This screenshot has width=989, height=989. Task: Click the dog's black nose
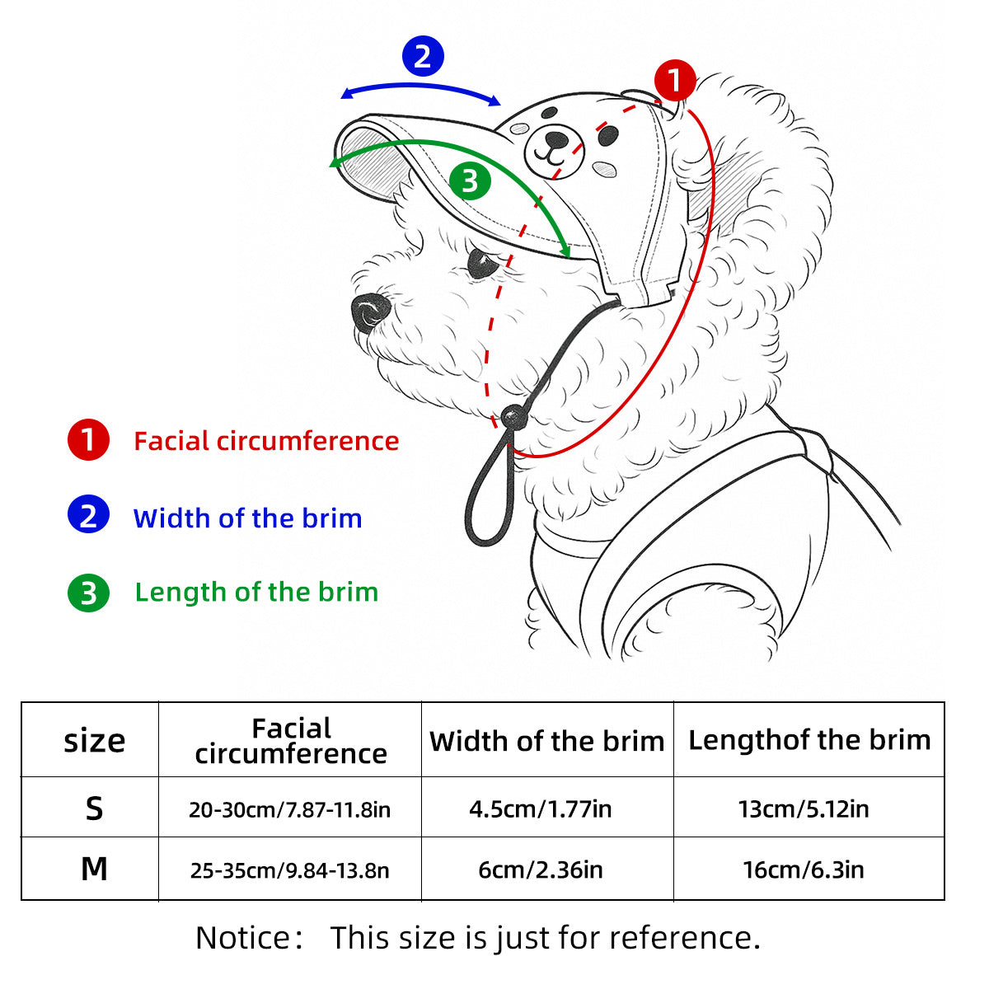[370, 312]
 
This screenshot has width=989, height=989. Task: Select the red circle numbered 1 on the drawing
[675, 81]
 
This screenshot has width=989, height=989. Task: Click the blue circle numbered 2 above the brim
[422, 56]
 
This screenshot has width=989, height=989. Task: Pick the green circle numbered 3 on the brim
[470, 180]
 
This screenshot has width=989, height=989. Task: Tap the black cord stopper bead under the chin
[514, 418]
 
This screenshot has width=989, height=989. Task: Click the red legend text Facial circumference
[266, 441]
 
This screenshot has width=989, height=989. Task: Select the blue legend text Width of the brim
[247, 518]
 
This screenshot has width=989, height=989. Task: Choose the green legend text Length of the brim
[256, 592]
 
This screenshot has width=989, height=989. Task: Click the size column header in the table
[94, 741]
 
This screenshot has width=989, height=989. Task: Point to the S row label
[94, 809]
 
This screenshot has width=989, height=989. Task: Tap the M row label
[94, 869]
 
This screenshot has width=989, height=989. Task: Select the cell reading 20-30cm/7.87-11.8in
[289, 809]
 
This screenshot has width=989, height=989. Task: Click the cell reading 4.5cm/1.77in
[541, 809]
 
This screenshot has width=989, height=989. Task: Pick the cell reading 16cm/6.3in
[804, 869]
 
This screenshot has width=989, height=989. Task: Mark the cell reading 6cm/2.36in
[541, 869]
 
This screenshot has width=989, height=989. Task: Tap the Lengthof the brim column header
[809, 740]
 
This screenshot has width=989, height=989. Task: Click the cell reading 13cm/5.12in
[804, 809]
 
